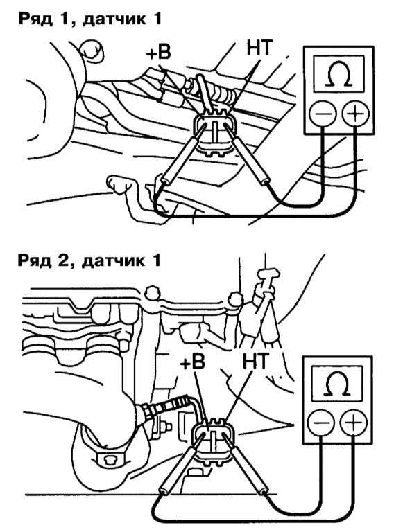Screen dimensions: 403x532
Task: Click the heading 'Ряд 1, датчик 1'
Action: pyautogui.click(x=89, y=19)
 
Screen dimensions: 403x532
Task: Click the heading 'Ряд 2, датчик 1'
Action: pyautogui.click(x=89, y=261)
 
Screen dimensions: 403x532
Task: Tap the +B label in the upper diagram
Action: pyautogui.click(x=159, y=53)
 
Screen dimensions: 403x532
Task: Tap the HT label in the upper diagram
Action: pyautogui.click(x=259, y=48)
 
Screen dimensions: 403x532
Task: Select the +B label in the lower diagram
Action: pyautogui.click(x=193, y=363)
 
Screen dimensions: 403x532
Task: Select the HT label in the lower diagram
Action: pyautogui.click(x=256, y=361)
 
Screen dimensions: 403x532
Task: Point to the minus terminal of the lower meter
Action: pyautogui.click(x=320, y=423)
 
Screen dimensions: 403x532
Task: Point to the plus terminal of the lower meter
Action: pyautogui.click(x=354, y=423)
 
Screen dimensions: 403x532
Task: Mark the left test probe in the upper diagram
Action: pyautogui.click(x=184, y=154)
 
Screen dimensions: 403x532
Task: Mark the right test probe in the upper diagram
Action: pyautogui.click(x=246, y=154)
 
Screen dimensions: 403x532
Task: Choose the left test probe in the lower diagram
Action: pyautogui.click(x=181, y=465)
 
